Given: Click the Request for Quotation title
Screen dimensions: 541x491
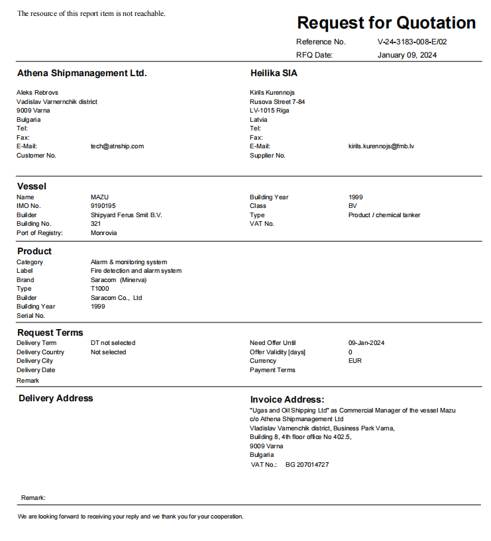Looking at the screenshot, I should (386, 23).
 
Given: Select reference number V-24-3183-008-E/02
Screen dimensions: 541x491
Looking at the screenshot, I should (412, 42).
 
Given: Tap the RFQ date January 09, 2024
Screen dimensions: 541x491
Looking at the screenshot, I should (407, 55).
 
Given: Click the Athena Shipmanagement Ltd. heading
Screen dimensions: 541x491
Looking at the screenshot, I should (82, 74).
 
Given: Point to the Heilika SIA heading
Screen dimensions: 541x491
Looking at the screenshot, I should (274, 74).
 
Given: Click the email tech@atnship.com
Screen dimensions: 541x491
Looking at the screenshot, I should (117, 146).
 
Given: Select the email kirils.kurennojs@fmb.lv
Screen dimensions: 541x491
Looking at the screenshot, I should (381, 146).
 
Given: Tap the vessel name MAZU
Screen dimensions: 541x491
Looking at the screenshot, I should (99, 197).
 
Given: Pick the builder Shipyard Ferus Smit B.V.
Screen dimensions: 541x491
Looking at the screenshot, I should (126, 215).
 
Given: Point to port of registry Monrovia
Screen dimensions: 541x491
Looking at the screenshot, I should (103, 233).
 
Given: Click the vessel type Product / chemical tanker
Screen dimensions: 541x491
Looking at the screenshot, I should (384, 215).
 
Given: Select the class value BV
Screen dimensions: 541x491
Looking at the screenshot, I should (353, 206).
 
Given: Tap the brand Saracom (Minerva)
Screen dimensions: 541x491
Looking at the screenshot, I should (119, 280).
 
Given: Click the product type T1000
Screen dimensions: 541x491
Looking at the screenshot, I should (100, 289).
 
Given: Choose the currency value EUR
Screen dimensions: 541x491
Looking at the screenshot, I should (355, 361).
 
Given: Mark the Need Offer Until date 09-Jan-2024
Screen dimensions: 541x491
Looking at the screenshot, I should (366, 343).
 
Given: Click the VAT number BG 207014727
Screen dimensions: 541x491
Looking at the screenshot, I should (307, 465).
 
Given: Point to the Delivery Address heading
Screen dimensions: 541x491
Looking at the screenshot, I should (56, 399).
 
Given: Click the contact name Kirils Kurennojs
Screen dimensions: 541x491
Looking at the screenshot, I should (272, 93).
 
